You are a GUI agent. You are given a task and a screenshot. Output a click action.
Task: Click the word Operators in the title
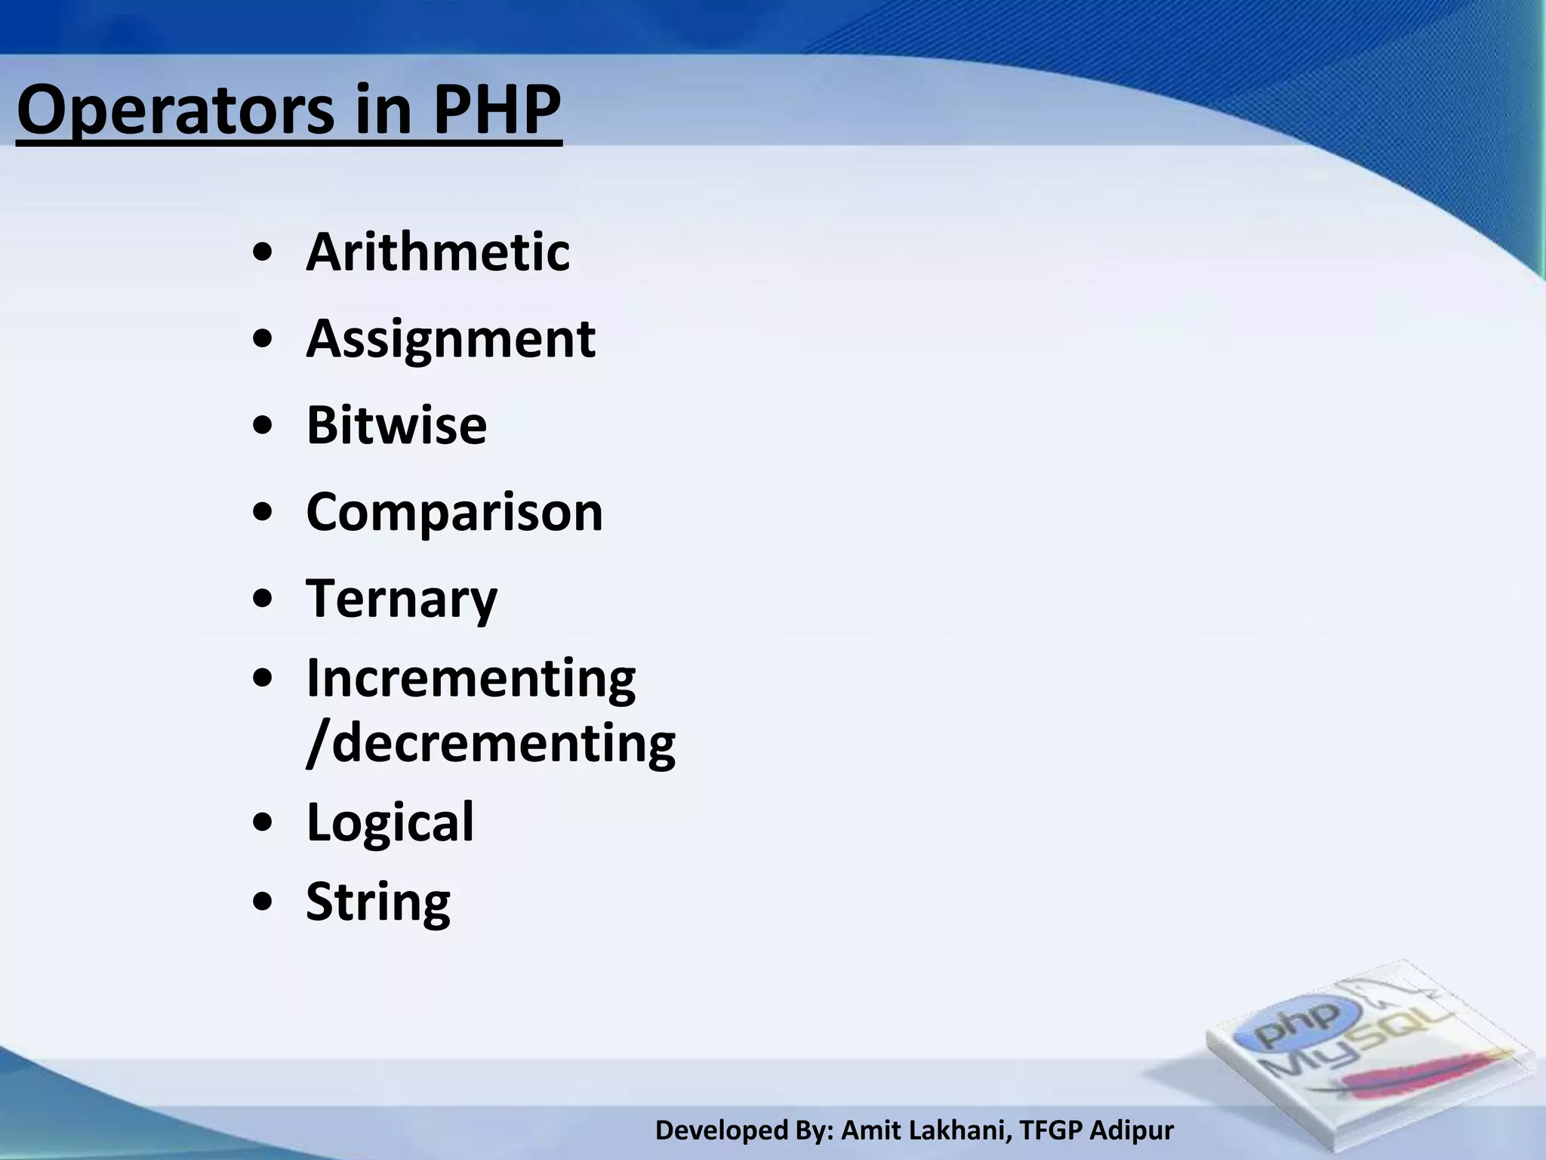(x=174, y=111)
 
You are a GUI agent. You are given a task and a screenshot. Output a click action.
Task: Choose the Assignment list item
(x=451, y=339)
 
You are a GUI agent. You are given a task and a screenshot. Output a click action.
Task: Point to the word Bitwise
(x=396, y=425)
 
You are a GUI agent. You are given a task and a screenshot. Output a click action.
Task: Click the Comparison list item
(x=454, y=512)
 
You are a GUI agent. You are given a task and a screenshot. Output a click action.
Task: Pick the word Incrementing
(x=471, y=678)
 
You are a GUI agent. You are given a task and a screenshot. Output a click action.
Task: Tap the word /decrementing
(x=491, y=743)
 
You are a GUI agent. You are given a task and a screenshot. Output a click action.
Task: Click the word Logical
(x=390, y=822)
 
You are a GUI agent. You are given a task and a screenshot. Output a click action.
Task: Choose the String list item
(x=378, y=902)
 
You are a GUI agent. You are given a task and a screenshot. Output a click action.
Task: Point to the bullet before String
(x=263, y=903)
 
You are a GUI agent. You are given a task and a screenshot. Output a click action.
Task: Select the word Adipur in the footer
(x=1132, y=1131)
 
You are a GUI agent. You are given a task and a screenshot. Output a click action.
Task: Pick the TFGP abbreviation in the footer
(x=1049, y=1131)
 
